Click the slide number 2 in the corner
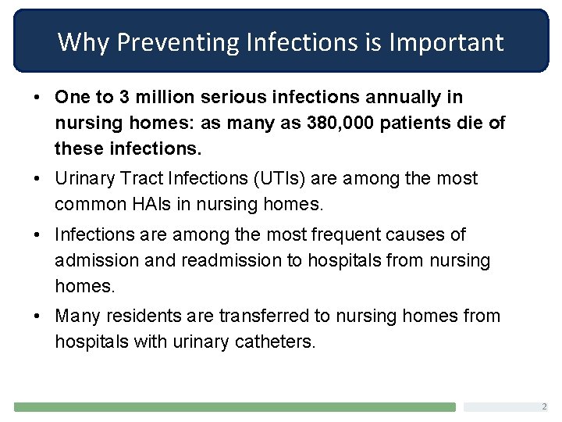544,407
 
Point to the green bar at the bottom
234,407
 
